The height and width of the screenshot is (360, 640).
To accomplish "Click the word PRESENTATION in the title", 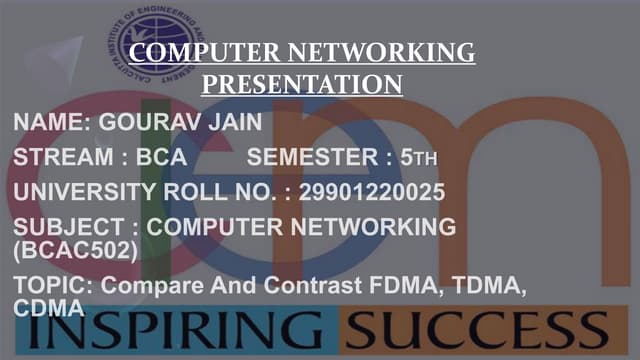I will tap(302, 83).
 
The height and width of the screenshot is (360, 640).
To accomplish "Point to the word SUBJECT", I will tap(66, 227).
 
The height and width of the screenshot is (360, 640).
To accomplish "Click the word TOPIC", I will tap(50, 286).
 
